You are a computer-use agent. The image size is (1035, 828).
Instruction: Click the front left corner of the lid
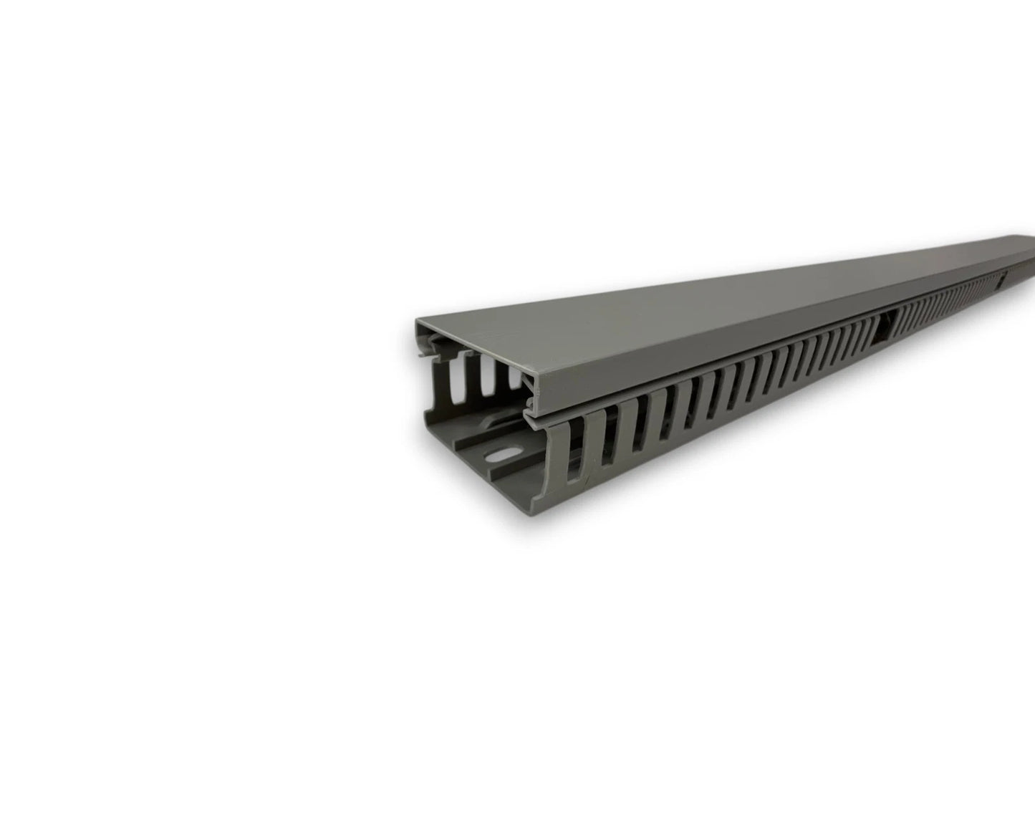pyautogui.click(x=418, y=324)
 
